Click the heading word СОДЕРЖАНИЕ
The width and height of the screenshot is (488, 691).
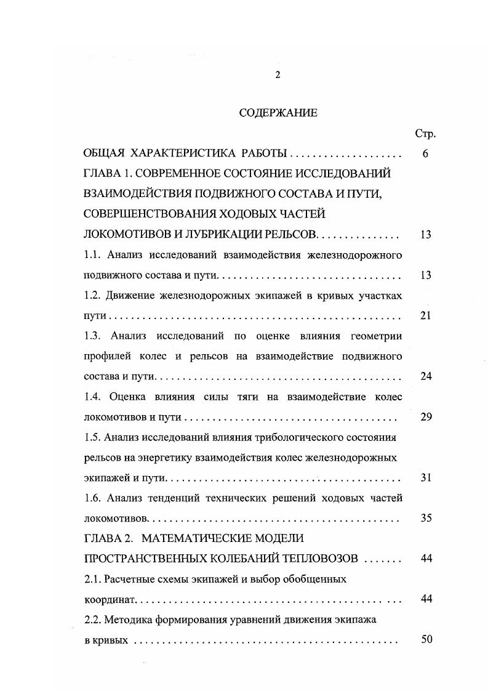[x=278, y=113]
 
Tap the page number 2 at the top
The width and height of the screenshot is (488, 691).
[x=278, y=75]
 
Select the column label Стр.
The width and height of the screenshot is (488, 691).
[x=425, y=134]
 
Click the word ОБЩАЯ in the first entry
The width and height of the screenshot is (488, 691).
[x=105, y=154]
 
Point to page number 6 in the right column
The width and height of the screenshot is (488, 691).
[x=425, y=154]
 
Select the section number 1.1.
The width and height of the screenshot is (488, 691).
[x=93, y=255]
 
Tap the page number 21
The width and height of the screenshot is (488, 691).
[x=425, y=315]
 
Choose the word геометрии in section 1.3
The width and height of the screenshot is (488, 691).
[x=375, y=336]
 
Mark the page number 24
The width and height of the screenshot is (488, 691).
[x=425, y=376]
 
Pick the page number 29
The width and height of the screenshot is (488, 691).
[x=425, y=417]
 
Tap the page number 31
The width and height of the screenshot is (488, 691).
[x=425, y=477]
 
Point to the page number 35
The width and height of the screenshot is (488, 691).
[x=425, y=518]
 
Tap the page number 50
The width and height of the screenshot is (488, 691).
[x=425, y=639]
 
